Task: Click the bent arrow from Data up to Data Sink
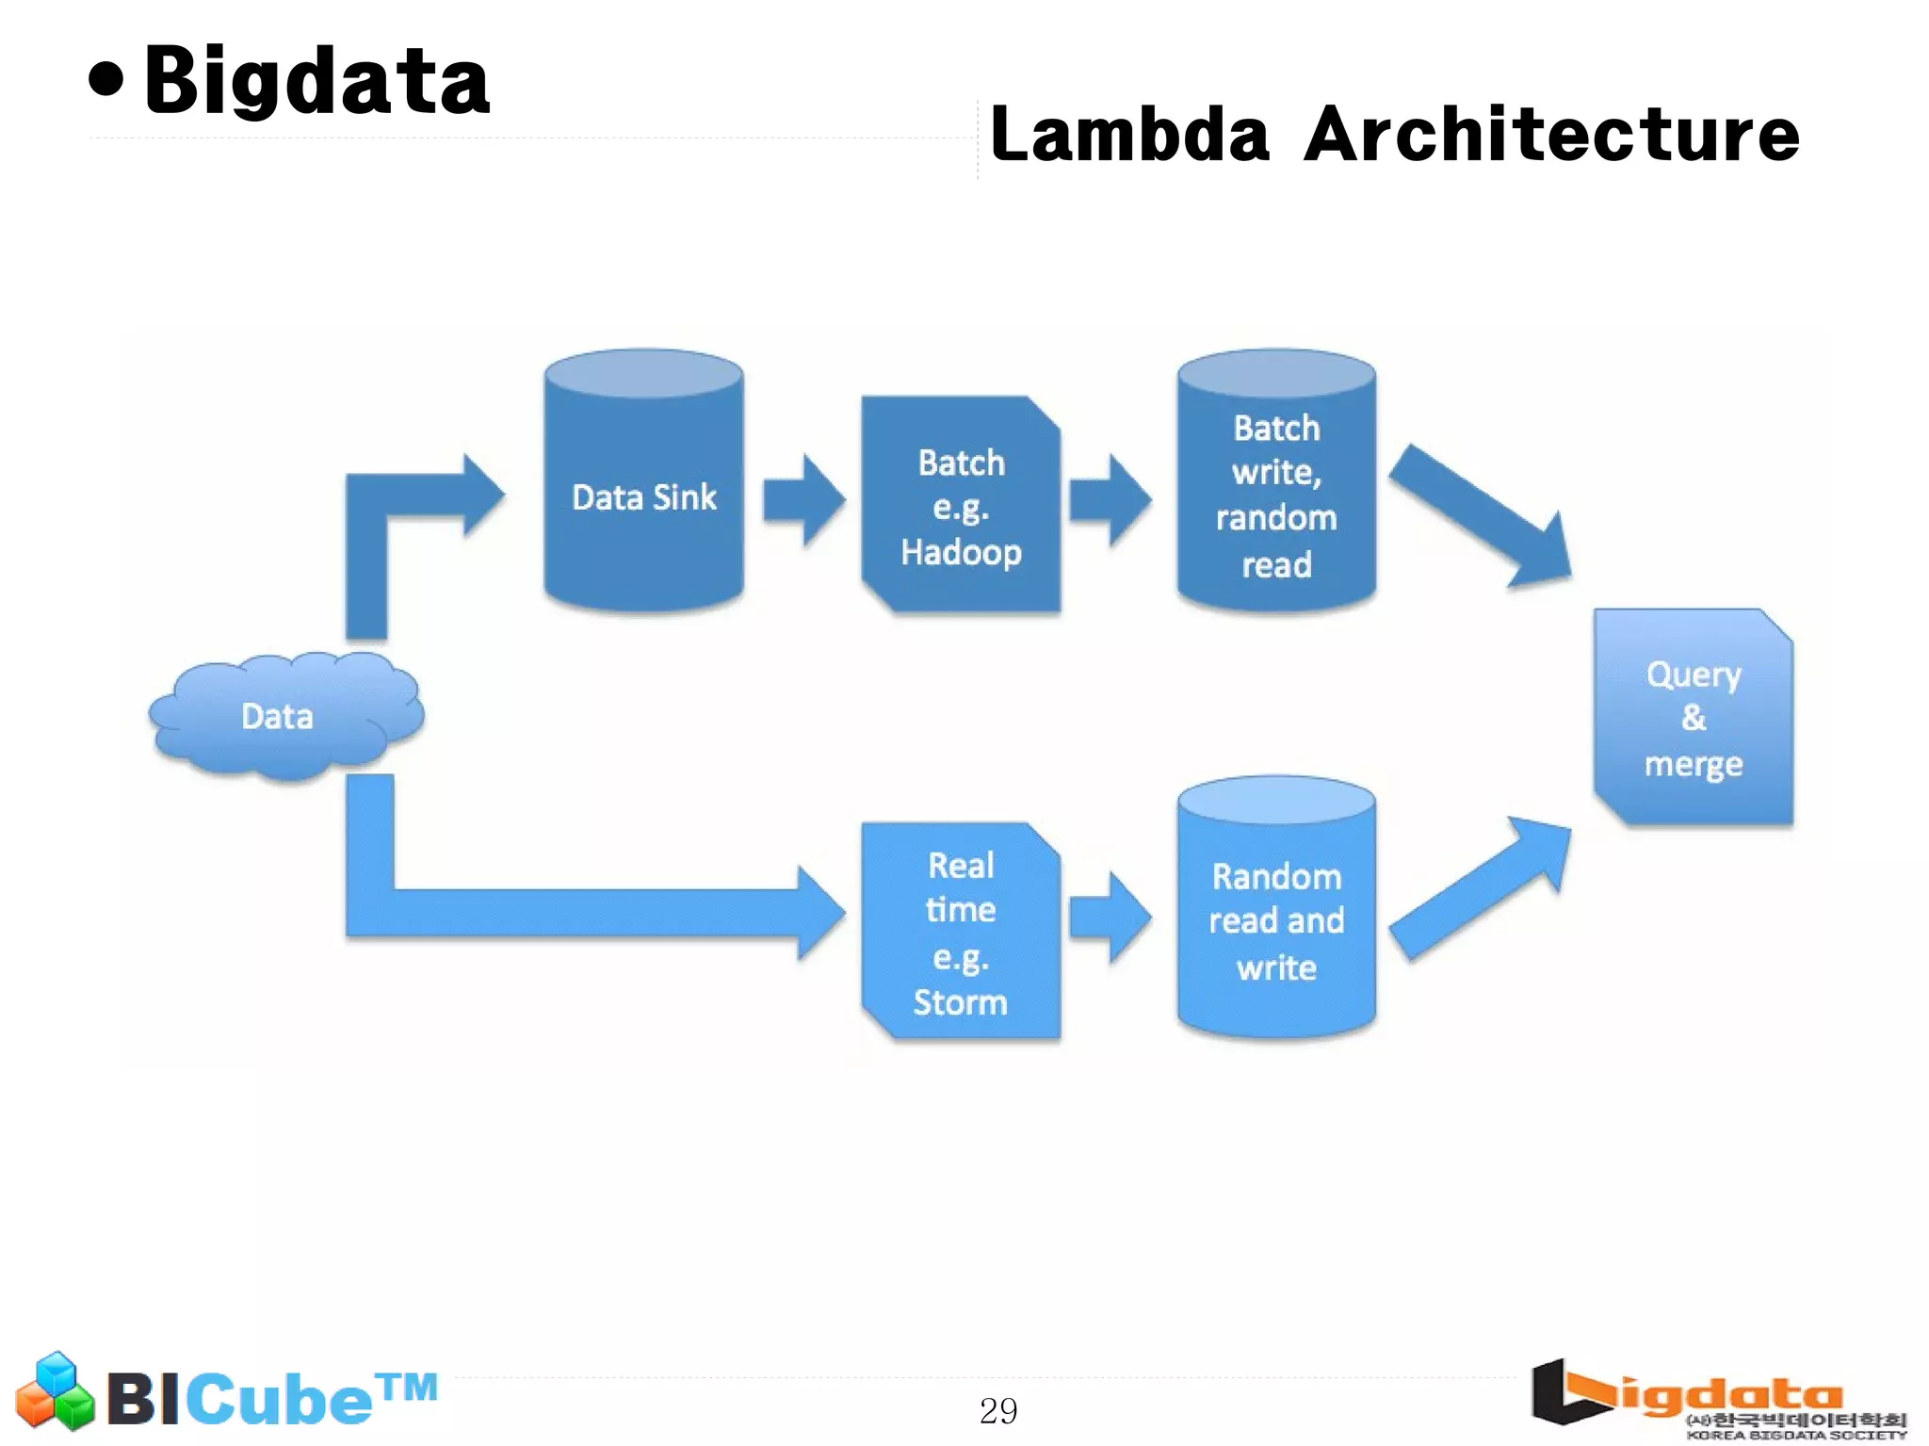(396, 509)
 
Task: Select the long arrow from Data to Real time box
(584, 912)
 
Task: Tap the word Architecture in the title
(1551, 135)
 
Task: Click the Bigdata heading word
(316, 82)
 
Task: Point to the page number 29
(998, 1410)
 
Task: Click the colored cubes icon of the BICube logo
(56, 1391)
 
